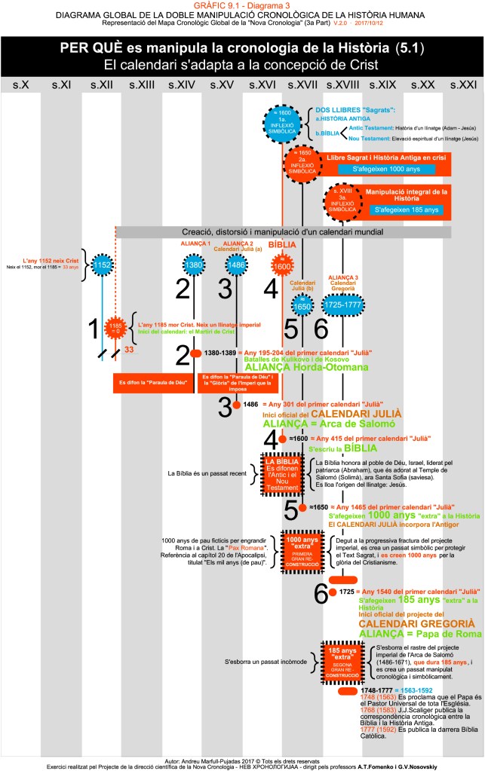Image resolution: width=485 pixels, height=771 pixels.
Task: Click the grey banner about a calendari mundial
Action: [283, 231]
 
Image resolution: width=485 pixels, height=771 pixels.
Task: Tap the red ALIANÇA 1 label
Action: [194, 244]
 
